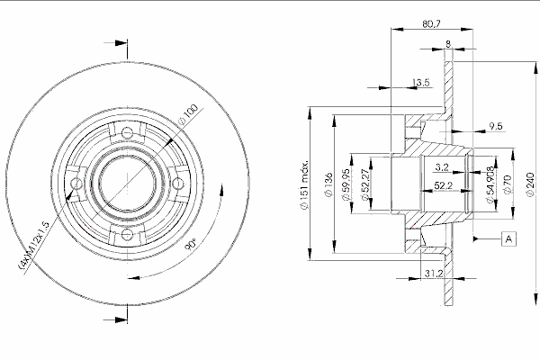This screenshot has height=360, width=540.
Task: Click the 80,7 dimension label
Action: (431, 24)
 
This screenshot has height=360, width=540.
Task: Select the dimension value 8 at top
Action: (447, 44)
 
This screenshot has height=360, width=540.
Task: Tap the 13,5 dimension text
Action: (421, 83)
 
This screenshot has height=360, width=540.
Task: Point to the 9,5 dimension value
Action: (496, 126)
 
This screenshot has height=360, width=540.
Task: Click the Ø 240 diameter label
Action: (530, 185)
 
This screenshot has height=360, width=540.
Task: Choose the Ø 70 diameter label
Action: (508, 185)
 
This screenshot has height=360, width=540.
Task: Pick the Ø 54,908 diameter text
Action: (490, 185)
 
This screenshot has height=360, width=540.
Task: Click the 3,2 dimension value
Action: (442, 167)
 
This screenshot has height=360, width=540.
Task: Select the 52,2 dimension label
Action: (443, 185)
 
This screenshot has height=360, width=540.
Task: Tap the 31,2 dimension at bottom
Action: (434, 274)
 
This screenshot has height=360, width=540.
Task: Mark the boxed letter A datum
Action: (509, 238)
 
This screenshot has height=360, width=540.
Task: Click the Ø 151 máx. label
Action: (305, 185)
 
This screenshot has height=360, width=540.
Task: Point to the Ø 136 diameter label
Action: (328, 185)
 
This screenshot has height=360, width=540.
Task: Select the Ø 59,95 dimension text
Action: (346, 185)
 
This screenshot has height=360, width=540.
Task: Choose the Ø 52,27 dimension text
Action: (364, 185)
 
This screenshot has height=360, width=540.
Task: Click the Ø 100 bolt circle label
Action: (188, 114)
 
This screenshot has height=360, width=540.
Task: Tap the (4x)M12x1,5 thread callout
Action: (34, 244)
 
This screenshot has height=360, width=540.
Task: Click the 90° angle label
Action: (191, 244)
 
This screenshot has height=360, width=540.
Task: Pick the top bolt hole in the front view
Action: (128, 132)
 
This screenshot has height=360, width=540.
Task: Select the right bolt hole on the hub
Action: (177, 184)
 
